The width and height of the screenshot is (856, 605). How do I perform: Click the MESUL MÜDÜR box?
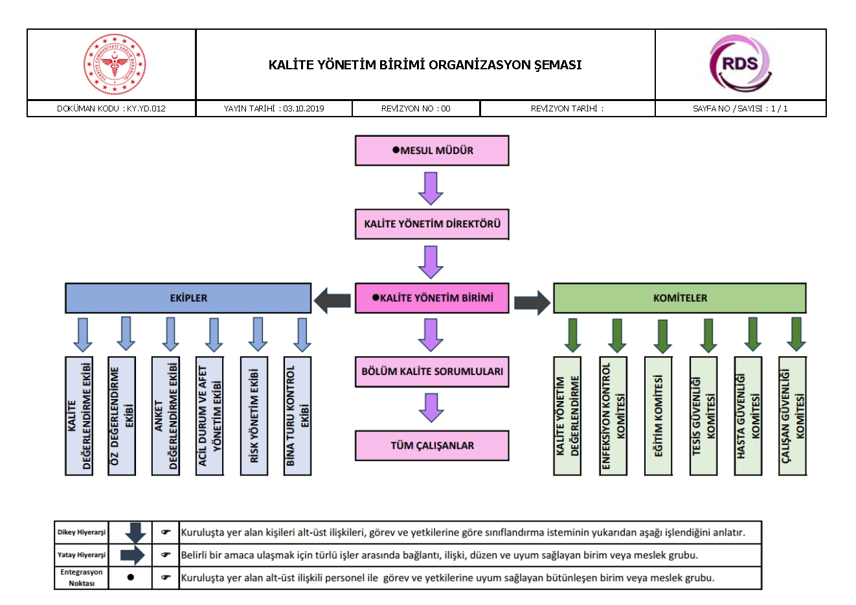(x=432, y=150)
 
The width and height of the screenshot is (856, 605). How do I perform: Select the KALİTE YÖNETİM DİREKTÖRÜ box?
(x=432, y=224)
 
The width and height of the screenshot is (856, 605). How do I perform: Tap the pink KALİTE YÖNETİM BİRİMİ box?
(x=432, y=298)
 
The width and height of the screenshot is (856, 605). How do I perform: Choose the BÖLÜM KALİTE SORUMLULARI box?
(x=432, y=372)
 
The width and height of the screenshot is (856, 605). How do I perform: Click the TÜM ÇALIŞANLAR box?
(x=432, y=446)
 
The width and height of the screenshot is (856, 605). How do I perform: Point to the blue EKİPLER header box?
(x=188, y=298)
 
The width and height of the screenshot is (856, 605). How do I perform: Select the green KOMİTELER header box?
(x=679, y=298)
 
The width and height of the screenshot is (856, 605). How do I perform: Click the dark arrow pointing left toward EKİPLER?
(x=333, y=301)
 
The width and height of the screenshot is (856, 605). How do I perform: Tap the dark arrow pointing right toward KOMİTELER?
(x=532, y=302)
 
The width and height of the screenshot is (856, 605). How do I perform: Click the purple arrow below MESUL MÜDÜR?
(x=431, y=188)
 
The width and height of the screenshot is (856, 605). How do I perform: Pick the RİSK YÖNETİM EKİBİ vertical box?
(x=254, y=416)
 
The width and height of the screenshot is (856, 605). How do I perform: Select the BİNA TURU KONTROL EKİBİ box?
(x=298, y=416)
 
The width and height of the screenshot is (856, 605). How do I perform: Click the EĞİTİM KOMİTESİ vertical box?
(x=659, y=416)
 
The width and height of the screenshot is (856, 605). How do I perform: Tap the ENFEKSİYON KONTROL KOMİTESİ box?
(x=613, y=416)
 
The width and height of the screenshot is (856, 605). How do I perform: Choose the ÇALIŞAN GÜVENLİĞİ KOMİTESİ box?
(x=793, y=416)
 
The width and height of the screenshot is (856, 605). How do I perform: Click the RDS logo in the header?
(x=740, y=64)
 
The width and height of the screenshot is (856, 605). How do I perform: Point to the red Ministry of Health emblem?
(x=115, y=65)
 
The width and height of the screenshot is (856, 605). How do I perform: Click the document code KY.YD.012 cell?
(x=111, y=109)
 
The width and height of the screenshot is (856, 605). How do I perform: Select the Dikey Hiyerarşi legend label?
(x=82, y=532)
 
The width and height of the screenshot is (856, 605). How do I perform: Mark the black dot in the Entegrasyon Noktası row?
(x=131, y=577)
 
